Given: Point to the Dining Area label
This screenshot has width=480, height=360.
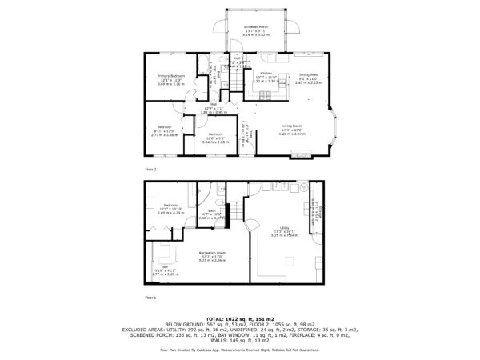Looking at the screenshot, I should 310,75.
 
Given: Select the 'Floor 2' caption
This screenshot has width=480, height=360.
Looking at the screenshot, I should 150,170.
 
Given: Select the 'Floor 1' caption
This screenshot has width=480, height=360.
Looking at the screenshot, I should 150,296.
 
